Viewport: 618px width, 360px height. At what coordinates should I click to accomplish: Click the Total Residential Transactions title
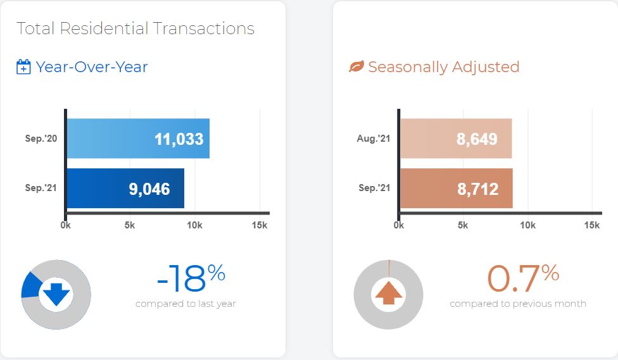point(136,28)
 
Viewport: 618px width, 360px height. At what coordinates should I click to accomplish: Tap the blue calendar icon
point(23,66)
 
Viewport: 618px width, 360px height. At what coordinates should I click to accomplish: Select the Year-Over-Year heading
point(91,67)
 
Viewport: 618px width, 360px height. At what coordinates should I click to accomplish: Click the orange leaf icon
point(356,66)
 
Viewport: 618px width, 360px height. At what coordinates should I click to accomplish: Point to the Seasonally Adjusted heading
point(444,67)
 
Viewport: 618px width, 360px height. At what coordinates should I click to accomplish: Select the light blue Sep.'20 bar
point(138,139)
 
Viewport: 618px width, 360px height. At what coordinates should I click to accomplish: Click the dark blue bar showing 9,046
point(125,189)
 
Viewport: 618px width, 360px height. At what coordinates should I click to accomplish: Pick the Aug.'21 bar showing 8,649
point(456,139)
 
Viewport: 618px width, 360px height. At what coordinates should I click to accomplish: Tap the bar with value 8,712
point(457,189)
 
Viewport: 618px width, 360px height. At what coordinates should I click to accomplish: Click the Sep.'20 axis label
point(41,139)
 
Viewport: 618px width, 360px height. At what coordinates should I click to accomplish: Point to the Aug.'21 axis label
point(373,139)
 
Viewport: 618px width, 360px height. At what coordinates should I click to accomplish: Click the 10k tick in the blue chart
point(194,225)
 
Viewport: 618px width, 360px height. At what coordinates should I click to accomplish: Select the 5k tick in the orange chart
point(463,225)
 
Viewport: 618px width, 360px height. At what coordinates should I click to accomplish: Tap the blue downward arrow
point(56,294)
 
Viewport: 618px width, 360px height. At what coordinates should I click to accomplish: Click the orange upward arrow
point(389,293)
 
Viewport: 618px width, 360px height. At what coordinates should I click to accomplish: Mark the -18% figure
point(191,278)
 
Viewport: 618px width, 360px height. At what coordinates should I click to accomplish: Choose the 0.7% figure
point(523,278)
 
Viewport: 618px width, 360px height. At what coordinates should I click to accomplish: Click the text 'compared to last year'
point(186,304)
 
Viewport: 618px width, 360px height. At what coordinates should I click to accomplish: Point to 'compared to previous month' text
point(518,304)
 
